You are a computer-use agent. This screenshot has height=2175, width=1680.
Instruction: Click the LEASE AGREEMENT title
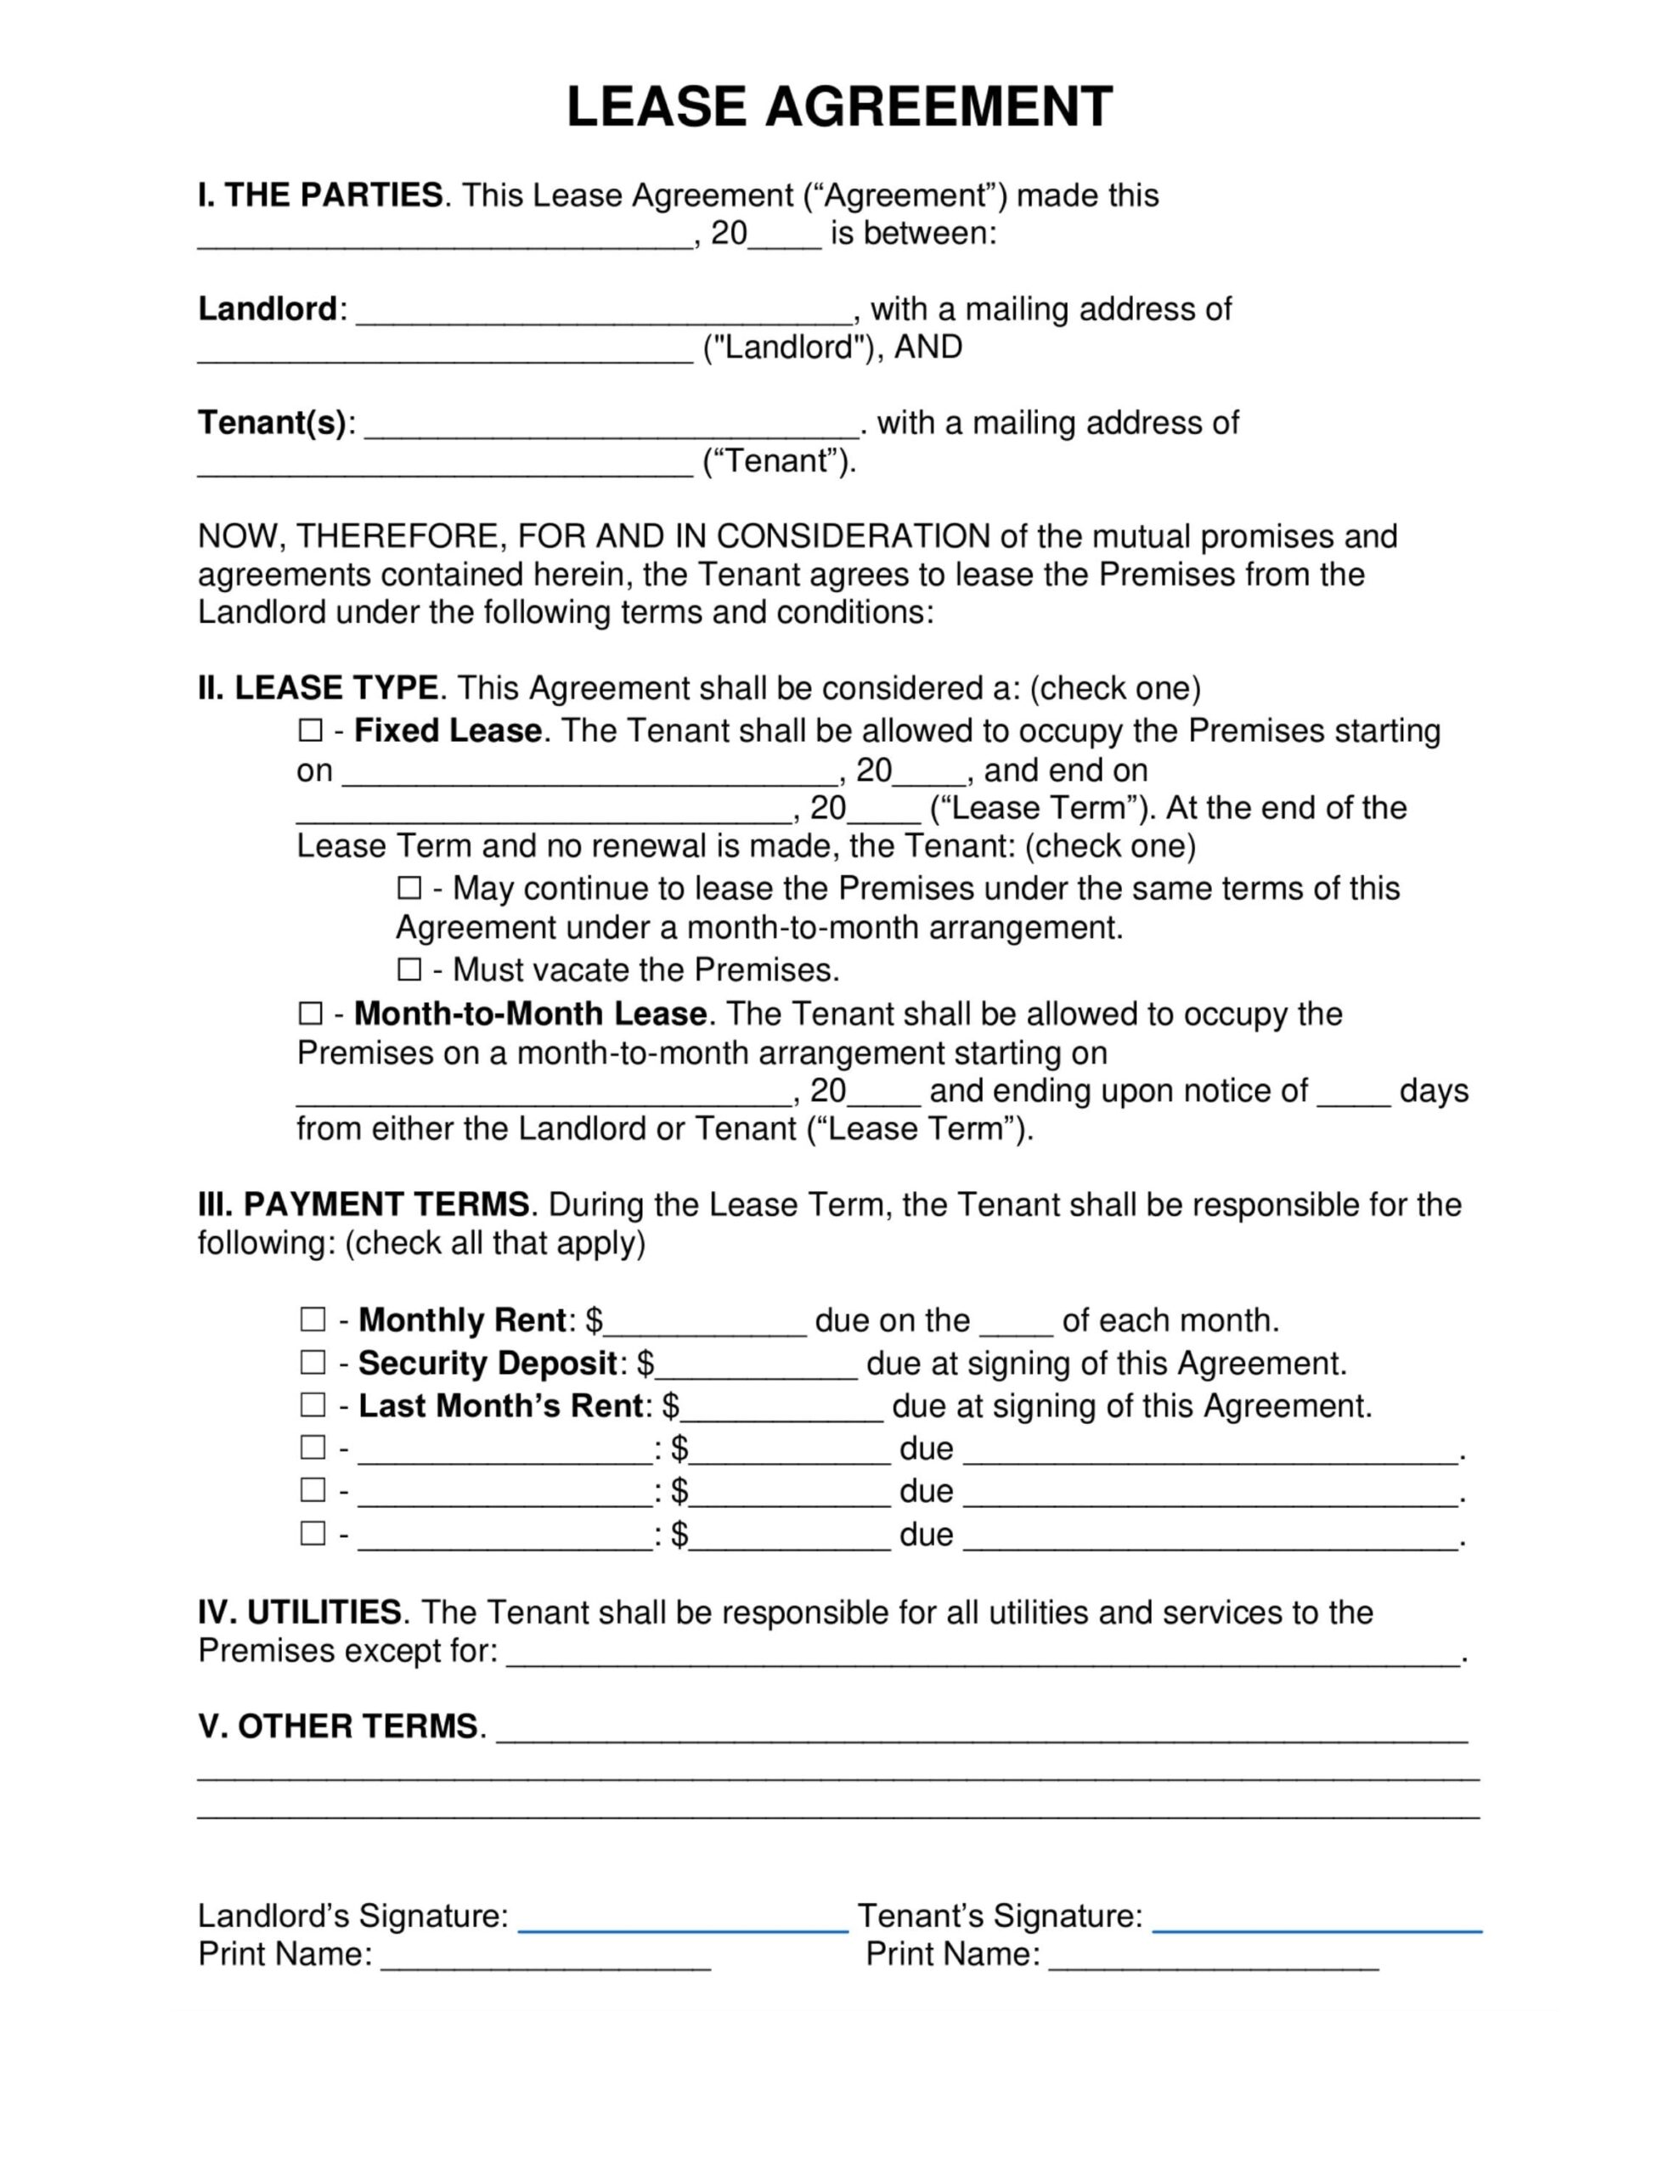(x=838, y=108)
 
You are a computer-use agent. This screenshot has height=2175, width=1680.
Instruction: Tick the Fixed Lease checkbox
(x=311, y=731)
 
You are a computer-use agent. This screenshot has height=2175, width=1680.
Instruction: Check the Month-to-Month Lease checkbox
(x=311, y=1014)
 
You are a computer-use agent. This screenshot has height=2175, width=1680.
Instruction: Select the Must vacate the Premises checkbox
(x=409, y=969)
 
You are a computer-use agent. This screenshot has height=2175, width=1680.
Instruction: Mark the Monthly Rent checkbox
(x=313, y=1319)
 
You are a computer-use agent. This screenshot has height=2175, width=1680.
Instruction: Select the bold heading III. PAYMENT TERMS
(x=364, y=1205)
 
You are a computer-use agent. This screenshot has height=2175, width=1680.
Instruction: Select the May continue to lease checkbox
(x=409, y=887)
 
